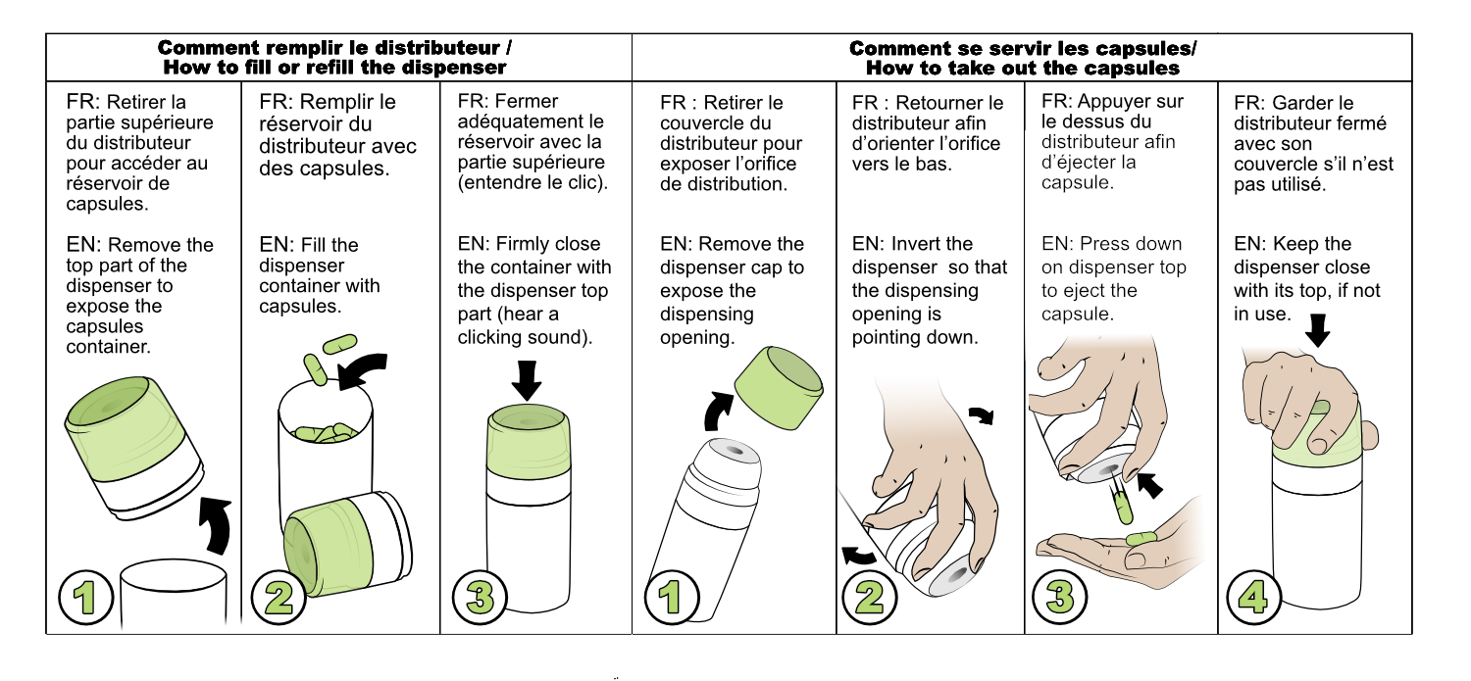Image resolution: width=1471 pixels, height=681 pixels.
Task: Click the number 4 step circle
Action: (1253, 598)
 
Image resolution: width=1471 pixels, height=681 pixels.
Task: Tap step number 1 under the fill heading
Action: (86, 598)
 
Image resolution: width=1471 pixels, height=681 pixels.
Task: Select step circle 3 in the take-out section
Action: (1059, 598)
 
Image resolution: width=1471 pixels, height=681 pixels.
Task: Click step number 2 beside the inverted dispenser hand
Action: (870, 598)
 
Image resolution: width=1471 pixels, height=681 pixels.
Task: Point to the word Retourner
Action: (949, 103)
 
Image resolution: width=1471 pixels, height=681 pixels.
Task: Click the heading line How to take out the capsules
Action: (1023, 69)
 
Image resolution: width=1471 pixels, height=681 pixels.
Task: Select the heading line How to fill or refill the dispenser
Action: (335, 68)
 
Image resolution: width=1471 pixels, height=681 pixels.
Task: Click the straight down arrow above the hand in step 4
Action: (1317, 329)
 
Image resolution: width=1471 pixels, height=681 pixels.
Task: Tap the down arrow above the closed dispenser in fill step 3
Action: (526, 380)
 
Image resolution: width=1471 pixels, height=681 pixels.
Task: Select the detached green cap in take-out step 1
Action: (779, 388)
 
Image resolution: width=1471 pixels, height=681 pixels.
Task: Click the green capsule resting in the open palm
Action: (1141, 539)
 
